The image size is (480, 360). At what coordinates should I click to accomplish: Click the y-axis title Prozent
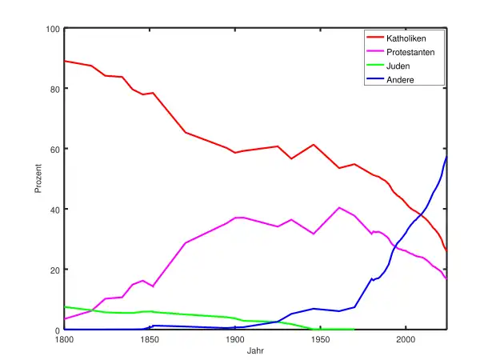pyautogui.click(x=38, y=179)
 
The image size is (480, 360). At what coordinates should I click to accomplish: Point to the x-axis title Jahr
pyautogui.click(x=255, y=351)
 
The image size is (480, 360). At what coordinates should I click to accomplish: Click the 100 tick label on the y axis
pyautogui.click(x=54, y=29)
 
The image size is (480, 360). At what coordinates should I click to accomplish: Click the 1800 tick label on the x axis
pyautogui.click(x=64, y=338)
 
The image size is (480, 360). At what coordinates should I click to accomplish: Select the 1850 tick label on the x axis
pyautogui.click(x=149, y=338)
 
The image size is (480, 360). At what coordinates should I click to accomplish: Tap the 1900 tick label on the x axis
pyautogui.click(x=234, y=338)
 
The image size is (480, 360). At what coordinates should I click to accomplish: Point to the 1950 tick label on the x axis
pyautogui.click(x=320, y=338)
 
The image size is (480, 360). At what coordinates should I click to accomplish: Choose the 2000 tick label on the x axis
pyautogui.click(x=406, y=338)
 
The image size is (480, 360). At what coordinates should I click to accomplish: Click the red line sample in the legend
pyautogui.click(x=375, y=38)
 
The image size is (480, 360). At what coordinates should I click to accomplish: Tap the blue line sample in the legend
pyautogui.click(x=375, y=81)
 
